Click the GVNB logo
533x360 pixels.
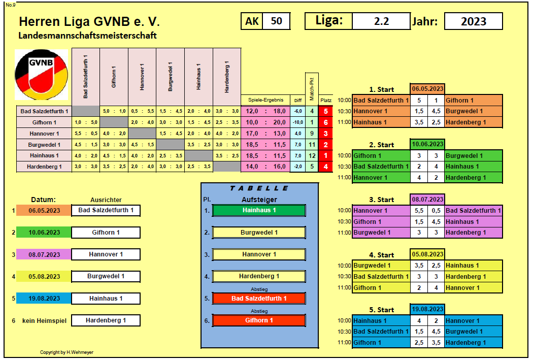pyautogui.click(x=42, y=75)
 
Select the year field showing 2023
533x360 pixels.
pyautogui.click(x=473, y=21)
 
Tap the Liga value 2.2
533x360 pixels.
pyautogui.click(x=381, y=21)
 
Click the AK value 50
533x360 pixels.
pyautogui.click(x=276, y=21)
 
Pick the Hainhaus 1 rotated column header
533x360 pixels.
pyautogui.click(x=198, y=77)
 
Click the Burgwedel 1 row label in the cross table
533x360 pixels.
pyautogui.click(x=44, y=145)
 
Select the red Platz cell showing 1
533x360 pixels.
pyautogui.click(x=326, y=156)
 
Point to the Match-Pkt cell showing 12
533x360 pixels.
pyautogui.click(x=312, y=156)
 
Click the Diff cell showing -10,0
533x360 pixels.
pyautogui.click(x=298, y=122)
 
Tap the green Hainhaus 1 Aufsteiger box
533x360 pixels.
pyautogui.click(x=259, y=210)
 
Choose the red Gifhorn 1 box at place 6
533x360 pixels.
pyautogui.click(x=259, y=320)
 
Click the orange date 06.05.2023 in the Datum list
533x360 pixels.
pyautogui.click(x=44, y=210)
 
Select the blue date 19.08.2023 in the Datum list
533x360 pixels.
pyautogui.click(x=44, y=299)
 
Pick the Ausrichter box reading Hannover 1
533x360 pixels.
pyautogui.click(x=106, y=254)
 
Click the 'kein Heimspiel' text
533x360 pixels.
pyautogui.click(x=44, y=320)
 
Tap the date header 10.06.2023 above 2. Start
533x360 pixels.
pyautogui.click(x=427, y=144)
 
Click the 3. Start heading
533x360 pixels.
pyautogui.click(x=381, y=200)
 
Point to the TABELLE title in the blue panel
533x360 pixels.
pyautogui.click(x=259, y=188)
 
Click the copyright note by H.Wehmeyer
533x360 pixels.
pyautogui.click(x=66, y=352)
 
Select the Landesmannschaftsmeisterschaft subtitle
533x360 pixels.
pyautogui.click(x=87, y=36)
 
